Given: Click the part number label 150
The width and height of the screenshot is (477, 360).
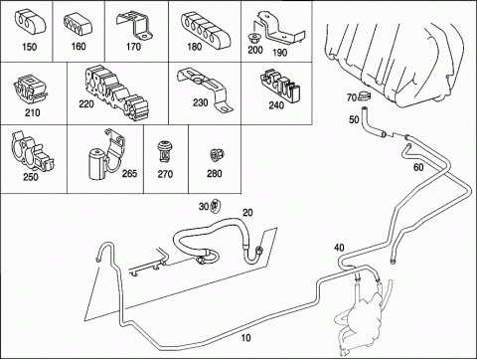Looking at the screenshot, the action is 29,47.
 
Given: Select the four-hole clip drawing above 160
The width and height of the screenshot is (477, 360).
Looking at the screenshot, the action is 79,25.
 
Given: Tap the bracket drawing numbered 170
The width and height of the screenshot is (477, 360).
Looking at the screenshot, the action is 134,26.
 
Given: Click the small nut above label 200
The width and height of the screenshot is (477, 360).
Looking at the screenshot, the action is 254,37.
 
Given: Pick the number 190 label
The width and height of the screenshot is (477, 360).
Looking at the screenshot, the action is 279,53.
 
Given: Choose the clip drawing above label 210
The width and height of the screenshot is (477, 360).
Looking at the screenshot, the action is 31,89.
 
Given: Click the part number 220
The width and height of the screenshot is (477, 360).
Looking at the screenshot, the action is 86,104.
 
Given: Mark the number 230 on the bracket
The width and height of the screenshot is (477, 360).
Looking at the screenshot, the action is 201,102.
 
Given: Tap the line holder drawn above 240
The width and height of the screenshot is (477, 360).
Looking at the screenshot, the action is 280,85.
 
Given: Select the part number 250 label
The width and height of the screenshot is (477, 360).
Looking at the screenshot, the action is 31,177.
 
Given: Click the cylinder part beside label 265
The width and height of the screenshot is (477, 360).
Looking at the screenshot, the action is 97,164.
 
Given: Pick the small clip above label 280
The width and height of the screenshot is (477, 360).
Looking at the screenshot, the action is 218,154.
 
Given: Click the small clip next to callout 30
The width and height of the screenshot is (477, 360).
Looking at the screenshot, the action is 216,207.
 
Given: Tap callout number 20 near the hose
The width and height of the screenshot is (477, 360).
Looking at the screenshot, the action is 247,213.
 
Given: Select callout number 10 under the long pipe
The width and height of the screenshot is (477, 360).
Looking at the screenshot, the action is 245,338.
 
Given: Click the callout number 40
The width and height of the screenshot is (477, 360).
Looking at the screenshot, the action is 339,248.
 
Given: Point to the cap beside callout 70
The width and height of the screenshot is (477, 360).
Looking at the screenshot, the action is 364,96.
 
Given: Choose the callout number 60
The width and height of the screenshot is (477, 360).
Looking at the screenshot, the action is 418,167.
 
